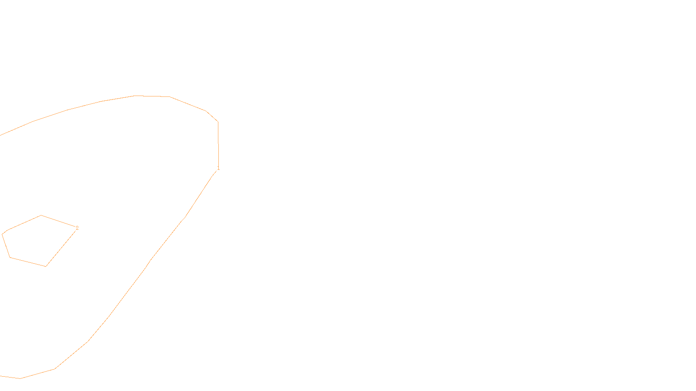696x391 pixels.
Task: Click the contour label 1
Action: (218, 168)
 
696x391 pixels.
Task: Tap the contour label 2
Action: (77, 228)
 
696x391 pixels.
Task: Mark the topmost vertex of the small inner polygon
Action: (41, 215)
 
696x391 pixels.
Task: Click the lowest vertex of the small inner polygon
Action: (46, 266)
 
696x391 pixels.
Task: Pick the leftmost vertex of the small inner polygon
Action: (2, 235)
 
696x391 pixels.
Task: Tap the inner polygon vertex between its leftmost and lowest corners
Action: (10, 258)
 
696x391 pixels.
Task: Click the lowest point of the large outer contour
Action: (20, 378)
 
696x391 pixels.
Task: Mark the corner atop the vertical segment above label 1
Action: (218, 122)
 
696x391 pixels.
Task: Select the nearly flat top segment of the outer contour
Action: (152, 96)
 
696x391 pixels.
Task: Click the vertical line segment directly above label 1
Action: (218, 143)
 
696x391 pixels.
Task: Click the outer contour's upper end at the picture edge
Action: (0, 135)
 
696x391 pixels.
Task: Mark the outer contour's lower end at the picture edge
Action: (0, 376)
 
